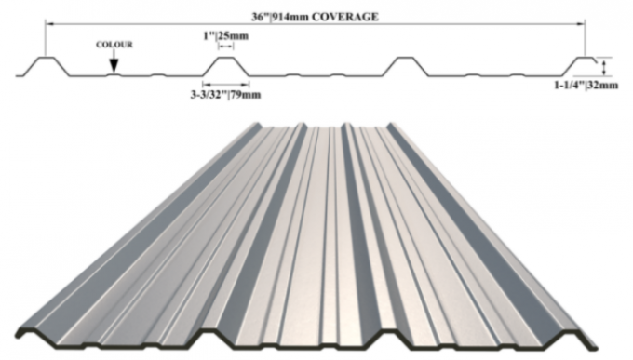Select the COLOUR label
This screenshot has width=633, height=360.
pos(114,45)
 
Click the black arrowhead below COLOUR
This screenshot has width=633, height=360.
pos(114,66)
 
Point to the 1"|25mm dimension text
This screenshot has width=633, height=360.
pos(225,36)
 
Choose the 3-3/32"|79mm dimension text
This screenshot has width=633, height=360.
pos(225,95)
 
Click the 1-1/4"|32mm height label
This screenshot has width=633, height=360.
pos(586,86)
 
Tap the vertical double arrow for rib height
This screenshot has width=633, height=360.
pos(604,67)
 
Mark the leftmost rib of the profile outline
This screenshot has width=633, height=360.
pos(46,66)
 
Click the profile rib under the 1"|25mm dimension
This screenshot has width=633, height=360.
pos(225,66)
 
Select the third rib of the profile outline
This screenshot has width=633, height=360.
pos(405,66)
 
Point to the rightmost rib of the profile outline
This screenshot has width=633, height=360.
pos(581,65)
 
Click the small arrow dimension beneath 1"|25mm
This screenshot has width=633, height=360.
pos(225,47)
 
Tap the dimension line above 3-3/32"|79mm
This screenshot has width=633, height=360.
pos(225,85)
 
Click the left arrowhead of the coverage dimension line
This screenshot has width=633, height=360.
pos(48,24)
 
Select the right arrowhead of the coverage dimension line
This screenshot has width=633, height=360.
pos(582,24)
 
